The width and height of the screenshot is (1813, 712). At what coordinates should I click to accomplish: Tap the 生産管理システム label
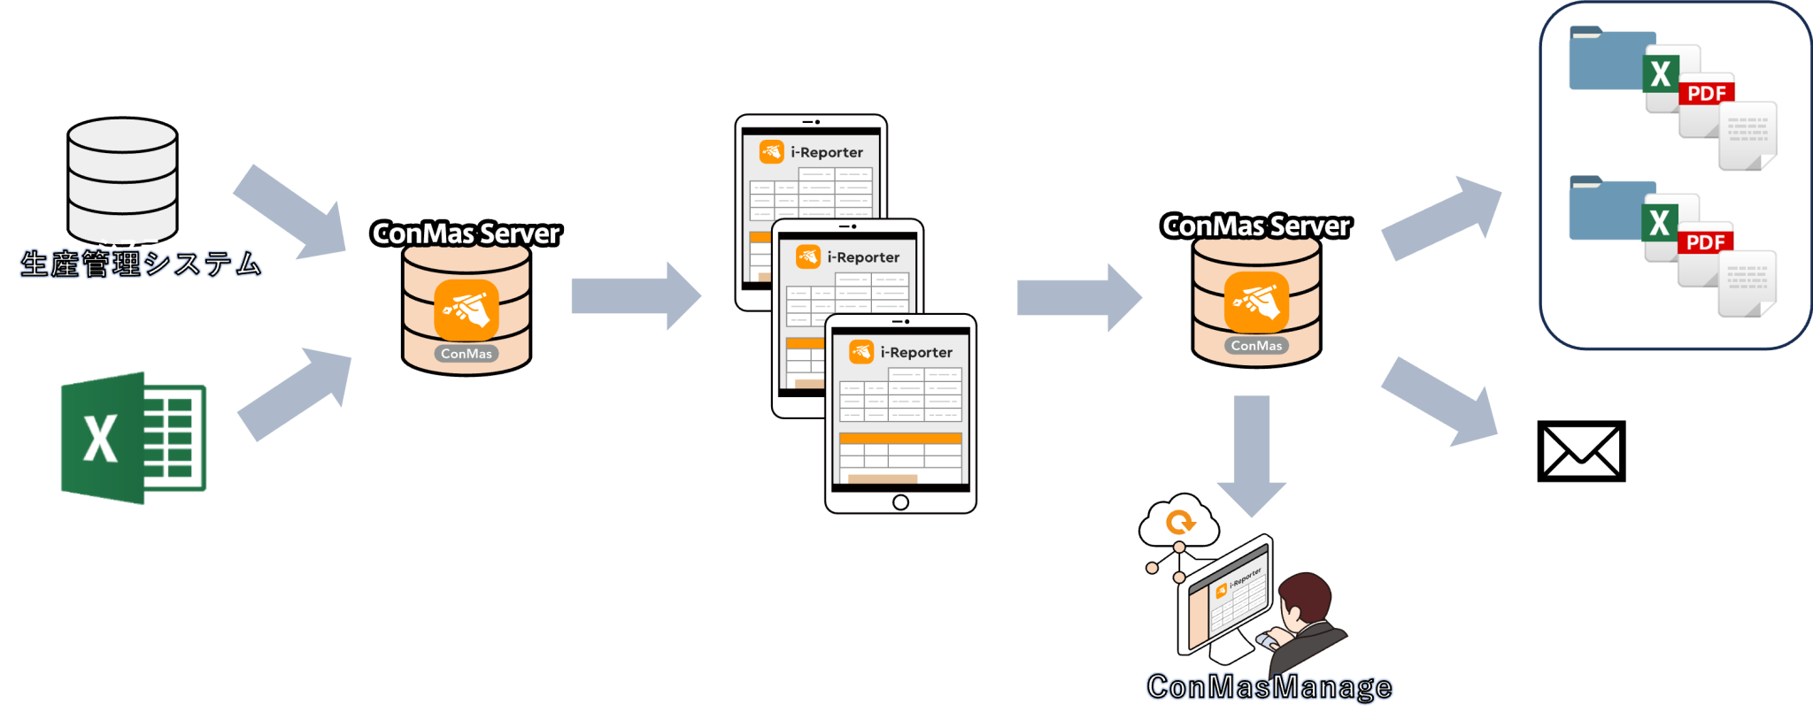point(141,264)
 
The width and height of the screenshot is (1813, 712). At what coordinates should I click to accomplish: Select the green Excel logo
point(133,438)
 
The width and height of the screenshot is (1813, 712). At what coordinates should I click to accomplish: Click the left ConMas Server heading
point(466,234)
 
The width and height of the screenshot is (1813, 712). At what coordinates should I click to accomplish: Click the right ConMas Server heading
point(1255,226)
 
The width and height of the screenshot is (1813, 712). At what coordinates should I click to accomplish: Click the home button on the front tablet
point(900,502)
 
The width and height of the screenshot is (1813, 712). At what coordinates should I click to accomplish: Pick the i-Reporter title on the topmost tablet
point(826,152)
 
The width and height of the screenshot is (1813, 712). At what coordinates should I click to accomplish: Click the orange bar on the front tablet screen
point(899,439)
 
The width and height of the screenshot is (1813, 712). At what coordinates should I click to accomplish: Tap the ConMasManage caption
point(1269,686)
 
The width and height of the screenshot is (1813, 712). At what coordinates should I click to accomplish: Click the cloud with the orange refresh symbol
point(1179,523)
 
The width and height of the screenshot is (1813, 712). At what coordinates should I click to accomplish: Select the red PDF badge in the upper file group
point(1706,93)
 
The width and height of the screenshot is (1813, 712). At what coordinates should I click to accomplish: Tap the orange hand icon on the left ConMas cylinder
point(467,310)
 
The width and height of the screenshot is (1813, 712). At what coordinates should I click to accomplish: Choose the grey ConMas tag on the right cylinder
point(1256,346)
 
